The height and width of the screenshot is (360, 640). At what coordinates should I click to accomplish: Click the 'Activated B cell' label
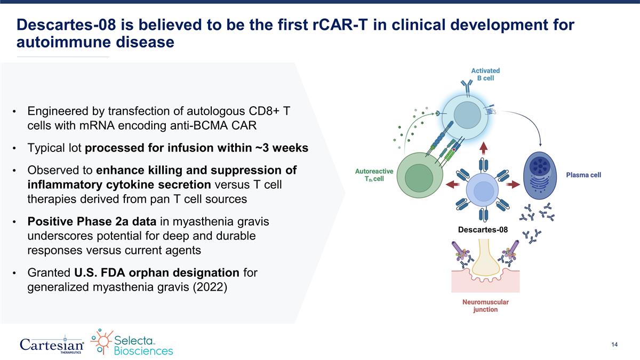(485, 74)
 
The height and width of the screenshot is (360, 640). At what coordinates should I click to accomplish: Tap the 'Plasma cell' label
(583, 174)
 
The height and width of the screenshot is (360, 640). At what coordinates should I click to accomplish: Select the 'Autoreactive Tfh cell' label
(374, 175)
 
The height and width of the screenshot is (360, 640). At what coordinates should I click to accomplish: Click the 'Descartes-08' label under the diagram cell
(483, 229)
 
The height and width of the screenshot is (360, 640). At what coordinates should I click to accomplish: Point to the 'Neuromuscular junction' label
(485, 306)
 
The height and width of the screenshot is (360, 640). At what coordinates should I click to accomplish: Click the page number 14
(614, 345)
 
